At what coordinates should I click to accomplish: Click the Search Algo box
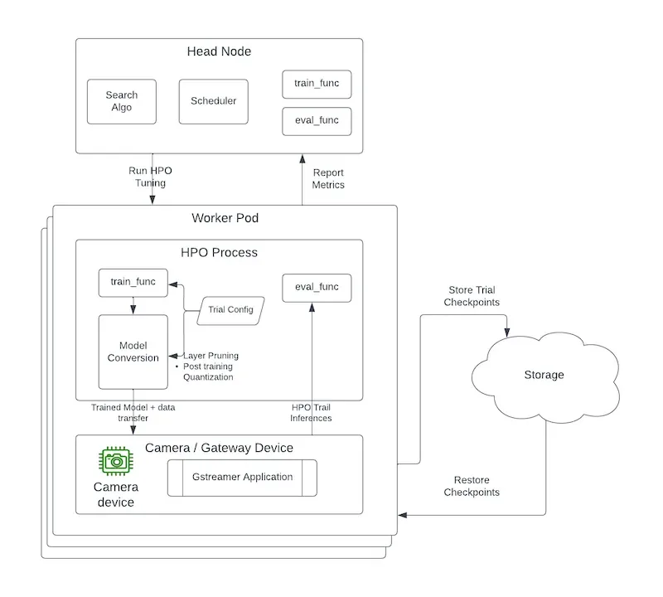point(122,101)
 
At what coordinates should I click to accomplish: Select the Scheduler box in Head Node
point(213,101)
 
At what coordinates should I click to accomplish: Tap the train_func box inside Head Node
point(317,84)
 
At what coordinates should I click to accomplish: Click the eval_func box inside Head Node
point(317,121)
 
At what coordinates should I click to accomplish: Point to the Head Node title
point(219,51)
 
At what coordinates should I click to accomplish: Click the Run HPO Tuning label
point(151,177)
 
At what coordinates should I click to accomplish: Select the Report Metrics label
point(327,178)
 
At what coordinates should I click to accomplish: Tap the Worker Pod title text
point(225,218)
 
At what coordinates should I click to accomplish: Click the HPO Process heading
point(219,252)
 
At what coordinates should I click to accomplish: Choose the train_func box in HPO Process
point(133,282)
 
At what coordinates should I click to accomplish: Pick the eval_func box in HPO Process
point(317,287)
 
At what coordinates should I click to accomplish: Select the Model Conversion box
point(133,352)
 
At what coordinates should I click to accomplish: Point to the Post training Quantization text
point(207,371)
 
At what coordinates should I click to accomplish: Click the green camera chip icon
point(116,460)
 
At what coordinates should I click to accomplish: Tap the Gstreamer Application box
point(242,478)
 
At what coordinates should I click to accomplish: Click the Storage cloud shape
point(543,375)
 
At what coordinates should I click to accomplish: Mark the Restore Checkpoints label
point(471,486)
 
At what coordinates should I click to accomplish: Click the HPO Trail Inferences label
point(312,412)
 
